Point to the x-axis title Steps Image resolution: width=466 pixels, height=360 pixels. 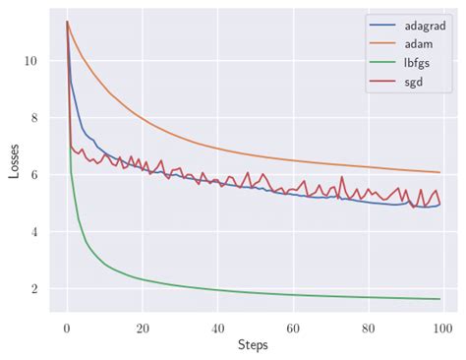(x=254, y=346)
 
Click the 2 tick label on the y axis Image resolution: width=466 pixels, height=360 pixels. (x=35, y=289)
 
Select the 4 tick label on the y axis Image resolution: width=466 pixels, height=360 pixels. (x=35, y=232)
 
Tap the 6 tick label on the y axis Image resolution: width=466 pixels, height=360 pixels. (x=35, y=175)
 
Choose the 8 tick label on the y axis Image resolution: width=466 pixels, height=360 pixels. (x=35, y=118)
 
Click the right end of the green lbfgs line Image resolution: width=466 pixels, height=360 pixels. (x=439, y=299)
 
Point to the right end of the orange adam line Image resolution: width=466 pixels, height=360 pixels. (x=439, y=172)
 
